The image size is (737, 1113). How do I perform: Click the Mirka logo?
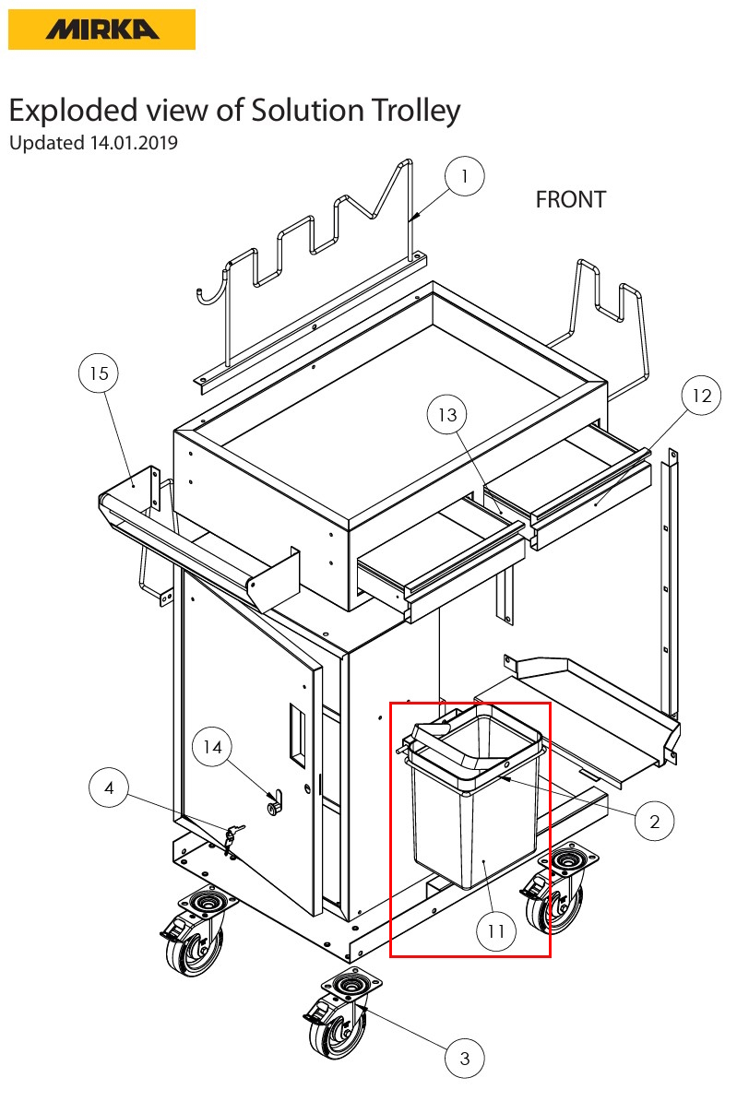click(x=101, y=30)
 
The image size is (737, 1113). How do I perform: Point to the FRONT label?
click(x=570, y=199)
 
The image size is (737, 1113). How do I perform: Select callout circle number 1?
click(x=465, y=176)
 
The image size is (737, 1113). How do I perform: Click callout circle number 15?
click(x=99, y=373)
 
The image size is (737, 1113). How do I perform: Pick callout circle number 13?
click(x=447, y=416)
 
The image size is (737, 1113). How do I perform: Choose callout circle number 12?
click(x=702, y=396)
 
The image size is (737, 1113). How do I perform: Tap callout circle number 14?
click(x=213, y=747)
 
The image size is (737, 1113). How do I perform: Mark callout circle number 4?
click(x=110, y=788)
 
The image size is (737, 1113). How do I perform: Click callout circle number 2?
click(x=655, y=821)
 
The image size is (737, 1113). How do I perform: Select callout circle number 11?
click(x=496, y=931)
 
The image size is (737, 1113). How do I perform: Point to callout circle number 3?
click(x=465, y=1058)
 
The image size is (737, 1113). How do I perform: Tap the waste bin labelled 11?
click(x=472, y=811)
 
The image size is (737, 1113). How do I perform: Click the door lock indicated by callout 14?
click(x=273, y=806)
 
